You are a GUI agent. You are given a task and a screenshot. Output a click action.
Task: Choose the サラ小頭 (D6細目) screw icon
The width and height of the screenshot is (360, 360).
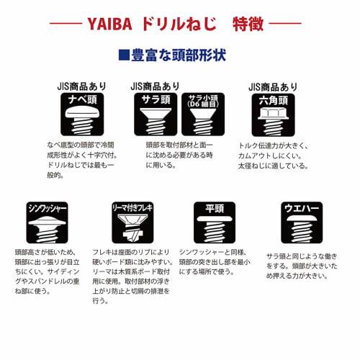pyautogui.click(x=202, y=115)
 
